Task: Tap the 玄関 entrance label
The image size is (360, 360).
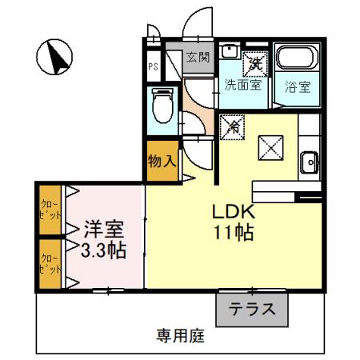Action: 198,57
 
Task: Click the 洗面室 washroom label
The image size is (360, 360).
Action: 242,84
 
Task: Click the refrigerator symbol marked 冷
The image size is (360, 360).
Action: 234,125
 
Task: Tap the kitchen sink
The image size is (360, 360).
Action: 310,163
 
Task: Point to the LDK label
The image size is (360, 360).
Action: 232,213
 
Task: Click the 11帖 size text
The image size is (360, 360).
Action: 233,234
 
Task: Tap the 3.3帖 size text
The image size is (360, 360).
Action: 103,250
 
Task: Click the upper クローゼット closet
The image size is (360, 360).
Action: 50,210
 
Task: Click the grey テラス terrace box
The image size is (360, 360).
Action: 251,309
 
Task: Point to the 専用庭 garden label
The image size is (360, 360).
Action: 180,337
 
